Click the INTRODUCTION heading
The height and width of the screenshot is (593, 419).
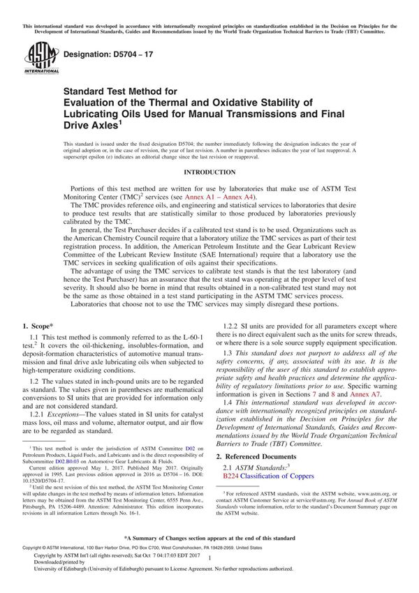pos(209,172)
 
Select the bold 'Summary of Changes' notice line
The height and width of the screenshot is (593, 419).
pos(209,558)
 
